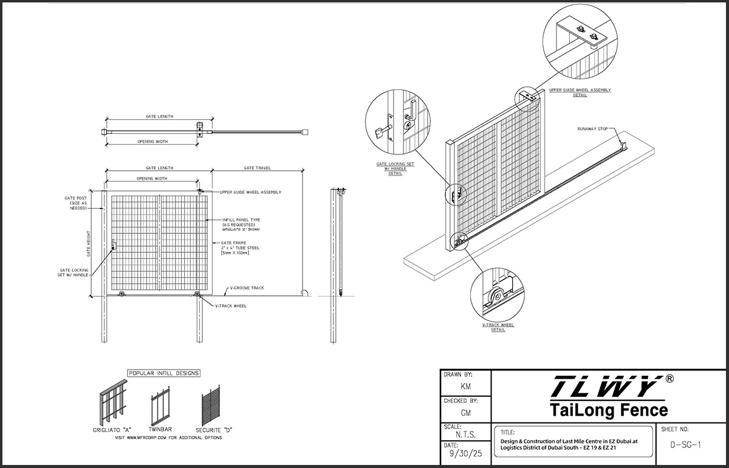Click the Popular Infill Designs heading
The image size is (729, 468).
(164, 373)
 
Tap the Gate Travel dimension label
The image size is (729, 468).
(257, 168)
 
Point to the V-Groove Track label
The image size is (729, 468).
(247, 287)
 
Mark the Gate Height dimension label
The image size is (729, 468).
(89, 243)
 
